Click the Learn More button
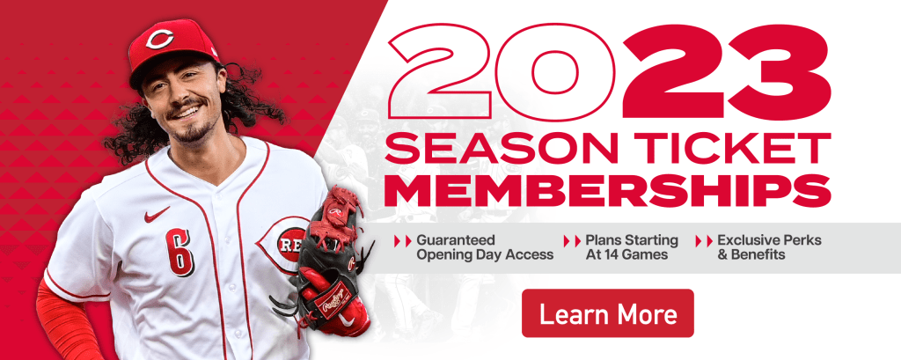click(607, 313)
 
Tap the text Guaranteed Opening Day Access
click(484, 247)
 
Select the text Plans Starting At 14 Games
click(632, 247)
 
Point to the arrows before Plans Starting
click(570, 240)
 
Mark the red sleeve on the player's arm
click(66, 321)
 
